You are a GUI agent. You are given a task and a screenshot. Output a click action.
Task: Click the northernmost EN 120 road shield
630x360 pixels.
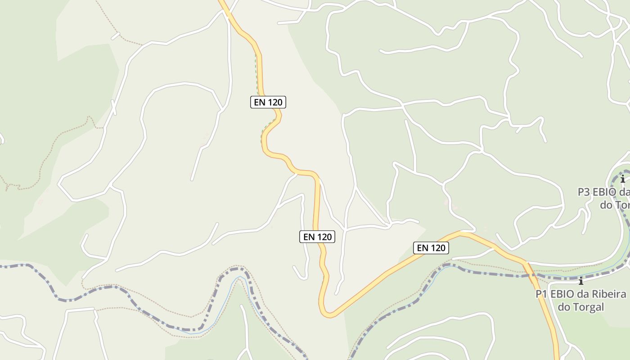pyautogui.click(x=268, y=102)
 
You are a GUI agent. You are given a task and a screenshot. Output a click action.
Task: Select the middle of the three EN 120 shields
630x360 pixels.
pyautogui.click(x=317, y=236)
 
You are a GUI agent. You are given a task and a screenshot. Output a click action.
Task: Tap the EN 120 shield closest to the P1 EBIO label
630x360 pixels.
pyautogui.click(x=431, y=247)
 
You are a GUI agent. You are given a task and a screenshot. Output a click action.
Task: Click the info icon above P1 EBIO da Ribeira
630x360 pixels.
pyautogui.click(x=581, y=281)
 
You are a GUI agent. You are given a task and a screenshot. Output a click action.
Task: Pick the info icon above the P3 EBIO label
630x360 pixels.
pyautogui.click(x=623, y=179)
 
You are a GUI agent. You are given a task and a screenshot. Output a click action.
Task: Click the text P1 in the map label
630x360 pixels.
pyautogui.click(x=541, y=294)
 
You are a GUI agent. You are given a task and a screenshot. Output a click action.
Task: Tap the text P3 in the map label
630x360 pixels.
pyautogui.click(x=584, y=192)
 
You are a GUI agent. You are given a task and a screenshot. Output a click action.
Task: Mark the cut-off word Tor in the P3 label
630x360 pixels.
pyautogui.click(x=622, y=205)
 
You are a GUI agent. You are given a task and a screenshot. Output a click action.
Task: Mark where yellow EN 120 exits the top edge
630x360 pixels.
pyautogui.click(x=222, y=1)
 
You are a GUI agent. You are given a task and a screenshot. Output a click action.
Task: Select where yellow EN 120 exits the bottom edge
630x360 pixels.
pyautogui.click(x=557, y=358)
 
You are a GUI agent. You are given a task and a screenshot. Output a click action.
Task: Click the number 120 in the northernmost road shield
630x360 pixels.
pyautogui.click(x=274, y=102)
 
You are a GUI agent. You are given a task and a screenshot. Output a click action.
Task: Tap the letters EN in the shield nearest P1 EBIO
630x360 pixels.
pyautogui.click(x=423, y=247)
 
